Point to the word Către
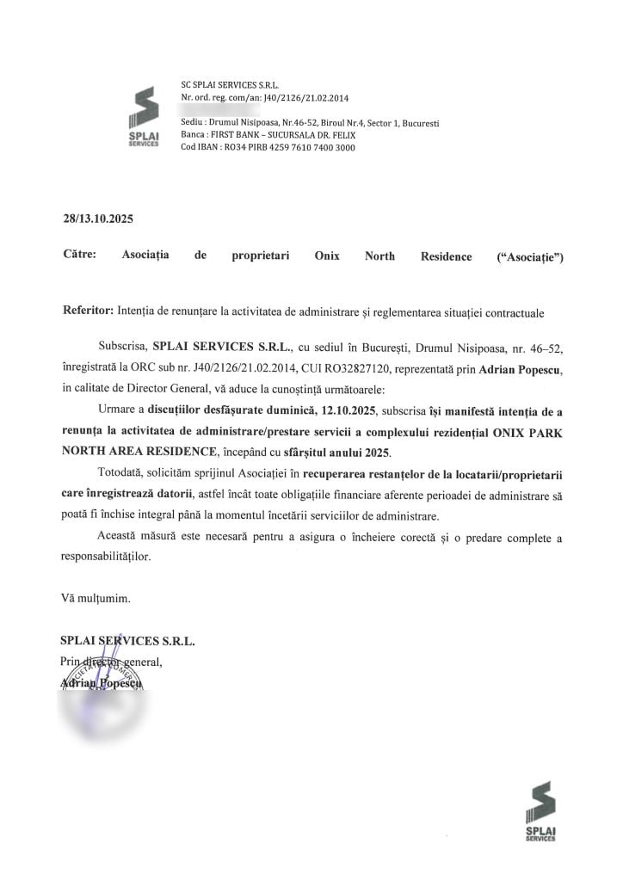pyautogui.click(x=80, y=256)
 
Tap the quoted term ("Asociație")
pyautogui.click(x=531, y=256)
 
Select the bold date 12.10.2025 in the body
pyautogui.click(x=346, y=409)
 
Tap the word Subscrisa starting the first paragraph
pyautogui.click(x=123, y=348)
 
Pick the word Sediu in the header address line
pyautogui.click(x=192, y=123)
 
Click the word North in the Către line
pyautogui.click(x=379, y=256)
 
